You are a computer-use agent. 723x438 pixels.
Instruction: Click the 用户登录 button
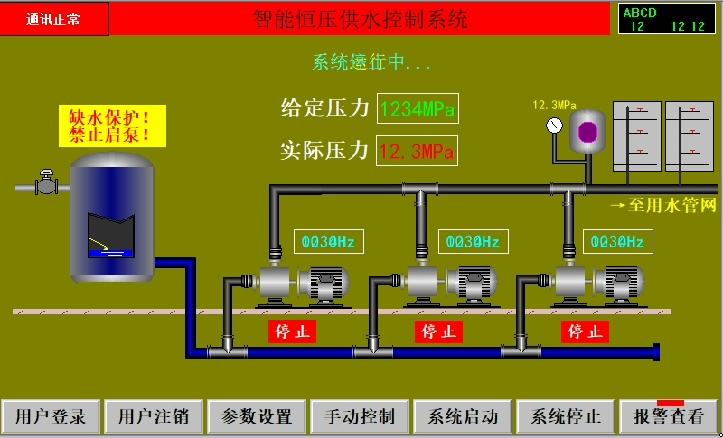(x=51, y=416)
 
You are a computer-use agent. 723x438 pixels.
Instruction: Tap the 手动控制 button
(x=360, y=416)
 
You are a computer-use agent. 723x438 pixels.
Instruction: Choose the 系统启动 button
(x=463, y=416)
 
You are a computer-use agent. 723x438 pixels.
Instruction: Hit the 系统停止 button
(x=566, y=416)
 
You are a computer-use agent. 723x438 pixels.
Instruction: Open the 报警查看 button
(x=669, y=416)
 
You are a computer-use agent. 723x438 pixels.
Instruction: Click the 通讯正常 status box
(x=55, y=18)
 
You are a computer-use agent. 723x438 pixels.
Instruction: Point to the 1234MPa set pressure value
(x=417, y=109)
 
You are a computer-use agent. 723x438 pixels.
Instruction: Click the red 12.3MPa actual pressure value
(x=417, y=151)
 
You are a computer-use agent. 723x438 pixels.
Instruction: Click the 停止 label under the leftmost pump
(x=292, y=331)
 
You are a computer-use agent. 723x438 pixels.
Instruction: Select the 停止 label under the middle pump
(x=439, y=331)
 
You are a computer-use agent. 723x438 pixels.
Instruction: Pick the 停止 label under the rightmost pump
(x=586, y=331)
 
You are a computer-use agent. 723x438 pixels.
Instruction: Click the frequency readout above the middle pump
(x=474, y=242)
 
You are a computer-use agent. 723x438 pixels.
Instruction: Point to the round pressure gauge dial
(x=554, y=126)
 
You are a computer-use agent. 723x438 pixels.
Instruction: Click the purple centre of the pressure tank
(x=589, y=132)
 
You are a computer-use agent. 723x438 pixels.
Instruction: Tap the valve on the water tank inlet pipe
(x=45, y=184)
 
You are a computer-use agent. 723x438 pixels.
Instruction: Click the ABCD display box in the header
(x=667, y=19)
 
